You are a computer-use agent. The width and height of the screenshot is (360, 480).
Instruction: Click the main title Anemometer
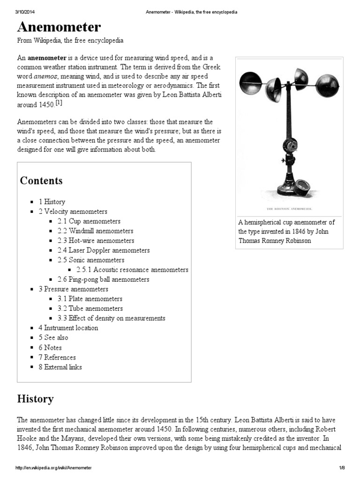point(59,26)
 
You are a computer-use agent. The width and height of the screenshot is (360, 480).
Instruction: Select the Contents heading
point(41,180)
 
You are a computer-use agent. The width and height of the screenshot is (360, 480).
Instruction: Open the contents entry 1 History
point(52,202)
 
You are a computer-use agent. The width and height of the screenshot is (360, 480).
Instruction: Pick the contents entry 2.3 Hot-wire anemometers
point(96,240)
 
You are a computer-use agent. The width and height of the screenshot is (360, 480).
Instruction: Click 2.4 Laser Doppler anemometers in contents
point(104,250)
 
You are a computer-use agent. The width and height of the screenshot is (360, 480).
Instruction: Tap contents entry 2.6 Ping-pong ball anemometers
point(103,279)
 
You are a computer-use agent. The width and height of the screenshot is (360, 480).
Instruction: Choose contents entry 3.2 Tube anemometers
point(90,308)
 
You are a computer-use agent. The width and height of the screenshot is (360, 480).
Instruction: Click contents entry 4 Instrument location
point(68,328)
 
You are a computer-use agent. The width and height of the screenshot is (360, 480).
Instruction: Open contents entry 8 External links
point(60,367)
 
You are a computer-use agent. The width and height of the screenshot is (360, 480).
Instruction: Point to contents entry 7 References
point(57,357)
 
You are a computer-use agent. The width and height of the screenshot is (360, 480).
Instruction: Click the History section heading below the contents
point(35,399)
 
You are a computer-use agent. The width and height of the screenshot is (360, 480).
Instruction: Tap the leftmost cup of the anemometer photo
point(249,83)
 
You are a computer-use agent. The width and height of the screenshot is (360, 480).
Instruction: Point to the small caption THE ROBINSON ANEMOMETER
point(289,208)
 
